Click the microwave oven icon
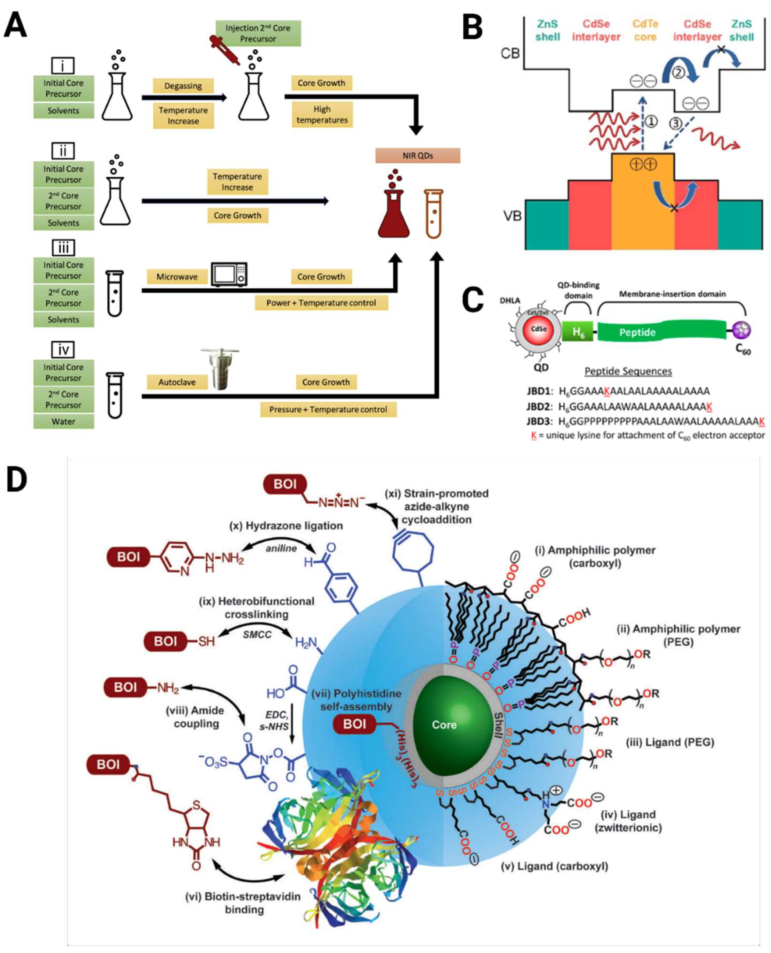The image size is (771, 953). [229, 275]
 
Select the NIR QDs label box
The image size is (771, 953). [418, 156]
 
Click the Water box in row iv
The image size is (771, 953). [64, 421]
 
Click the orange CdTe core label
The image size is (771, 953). [645, 31]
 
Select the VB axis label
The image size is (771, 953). [512, 216]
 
